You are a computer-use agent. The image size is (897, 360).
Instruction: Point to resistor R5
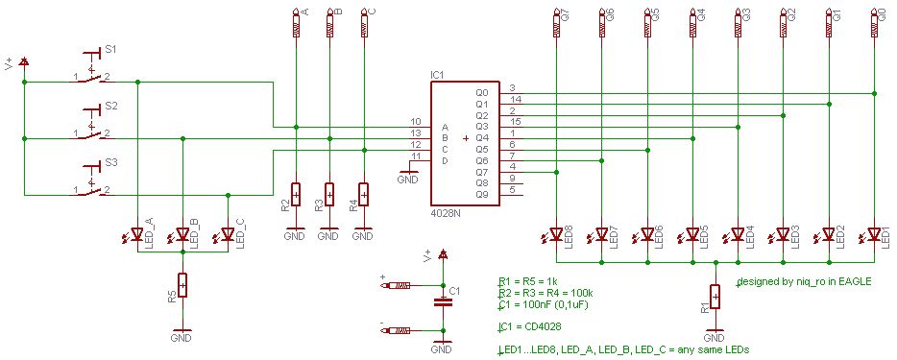pyautogui.click(x=182, y=286)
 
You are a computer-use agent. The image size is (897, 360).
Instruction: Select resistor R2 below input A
pyautogui.click(x=295, y=196)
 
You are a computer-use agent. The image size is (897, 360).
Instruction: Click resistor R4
pyautogui.click(x=364, y=196)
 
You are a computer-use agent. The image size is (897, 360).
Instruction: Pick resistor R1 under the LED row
pyautogui.click(x=715, y=298)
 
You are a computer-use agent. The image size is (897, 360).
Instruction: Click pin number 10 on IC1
pyautogui.click(x=415, y=121)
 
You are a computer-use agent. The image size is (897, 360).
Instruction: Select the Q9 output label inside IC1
pyautogui.click(x=481, y=193)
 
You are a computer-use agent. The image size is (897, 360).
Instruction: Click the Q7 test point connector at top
pyautogui.click(x=556, y=23)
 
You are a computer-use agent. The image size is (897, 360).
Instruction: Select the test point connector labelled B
pyautogui.click(x=329, y=23)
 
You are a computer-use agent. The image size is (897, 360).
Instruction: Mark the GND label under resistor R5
pyautogui.click(x=182, y=338)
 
